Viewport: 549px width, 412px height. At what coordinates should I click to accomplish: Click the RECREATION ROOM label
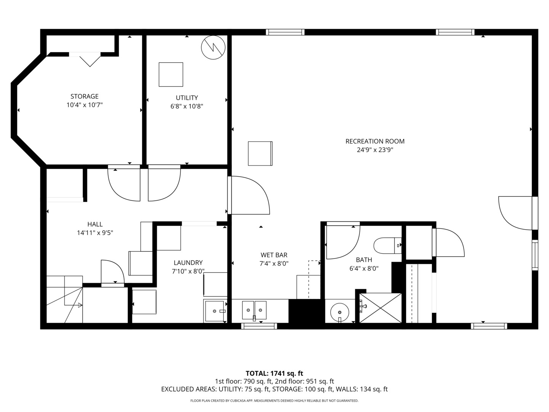375,141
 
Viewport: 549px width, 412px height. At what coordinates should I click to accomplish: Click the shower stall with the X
380,308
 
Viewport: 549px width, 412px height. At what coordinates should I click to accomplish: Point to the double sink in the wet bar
254,309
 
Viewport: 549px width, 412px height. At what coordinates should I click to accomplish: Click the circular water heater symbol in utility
213,47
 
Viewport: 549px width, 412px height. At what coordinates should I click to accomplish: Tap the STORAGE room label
84,97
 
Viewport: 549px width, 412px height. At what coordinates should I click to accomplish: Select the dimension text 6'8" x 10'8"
186,106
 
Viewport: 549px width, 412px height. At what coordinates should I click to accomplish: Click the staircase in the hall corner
64,299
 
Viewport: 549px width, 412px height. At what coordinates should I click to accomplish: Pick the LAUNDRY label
188,263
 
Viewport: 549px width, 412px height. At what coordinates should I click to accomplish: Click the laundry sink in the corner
215,311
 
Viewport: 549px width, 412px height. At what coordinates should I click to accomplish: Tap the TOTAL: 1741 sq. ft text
274,373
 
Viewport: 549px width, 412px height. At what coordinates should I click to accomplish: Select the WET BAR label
274,255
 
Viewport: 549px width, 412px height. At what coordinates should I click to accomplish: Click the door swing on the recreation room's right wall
515,213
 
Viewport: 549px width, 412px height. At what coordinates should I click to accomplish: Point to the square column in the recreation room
260,153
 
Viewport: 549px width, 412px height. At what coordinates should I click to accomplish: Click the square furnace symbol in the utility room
171,74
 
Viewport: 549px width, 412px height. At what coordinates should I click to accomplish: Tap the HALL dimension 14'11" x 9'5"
95,233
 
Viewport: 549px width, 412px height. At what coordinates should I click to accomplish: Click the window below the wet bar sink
259,326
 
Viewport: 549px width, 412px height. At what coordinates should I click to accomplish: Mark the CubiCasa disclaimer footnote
274,401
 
